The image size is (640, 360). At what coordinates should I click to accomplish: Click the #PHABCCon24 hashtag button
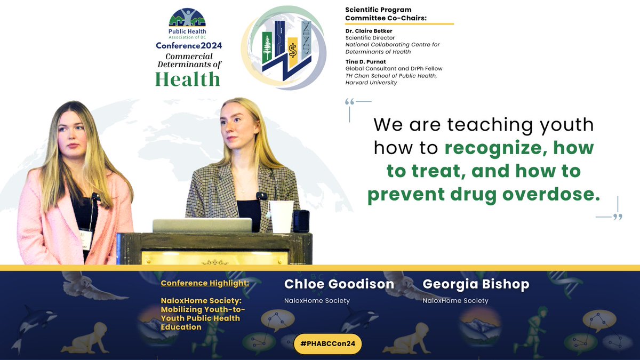(x=327, y=344)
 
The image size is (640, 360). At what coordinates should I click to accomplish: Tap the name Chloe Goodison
(x=339, y=284)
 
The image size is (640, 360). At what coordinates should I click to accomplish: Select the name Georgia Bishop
(x=476, y=284)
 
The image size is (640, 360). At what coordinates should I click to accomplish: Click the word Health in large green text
(x=188, y=79)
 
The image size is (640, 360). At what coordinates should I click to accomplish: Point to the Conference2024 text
(x=189, y=46)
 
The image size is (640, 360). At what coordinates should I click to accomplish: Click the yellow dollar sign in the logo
(x=292, y=51)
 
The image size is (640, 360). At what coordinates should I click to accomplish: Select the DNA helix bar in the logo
(x=306, y=40)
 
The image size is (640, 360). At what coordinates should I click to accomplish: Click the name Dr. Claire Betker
(x=369, y=31)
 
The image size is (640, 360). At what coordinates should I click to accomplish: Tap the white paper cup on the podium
(x=281, y=217)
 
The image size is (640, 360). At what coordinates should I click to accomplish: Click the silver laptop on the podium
(x=202, y=225)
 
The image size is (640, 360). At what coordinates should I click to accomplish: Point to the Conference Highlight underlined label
(x=205, y=283)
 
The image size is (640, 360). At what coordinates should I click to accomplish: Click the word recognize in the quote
(x=492, y=148)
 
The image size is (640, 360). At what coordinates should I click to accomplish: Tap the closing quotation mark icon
(x=617, y=217)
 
